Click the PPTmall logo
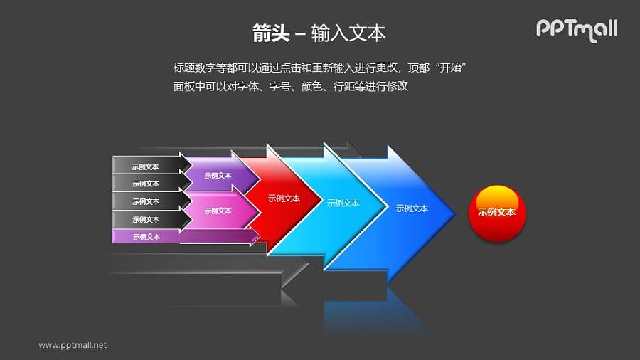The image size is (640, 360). pos(576,29)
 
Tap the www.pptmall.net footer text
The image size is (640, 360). pos(73,345)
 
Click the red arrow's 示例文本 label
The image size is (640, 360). pos(284,198)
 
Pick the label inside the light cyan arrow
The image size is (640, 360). pos(343,203)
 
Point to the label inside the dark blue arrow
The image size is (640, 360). pos(412,208)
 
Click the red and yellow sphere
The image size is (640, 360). pos(497,212)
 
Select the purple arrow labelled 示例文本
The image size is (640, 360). pos(218,176)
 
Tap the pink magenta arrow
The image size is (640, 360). pos(218,211)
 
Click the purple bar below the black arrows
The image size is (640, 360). pos(146,237)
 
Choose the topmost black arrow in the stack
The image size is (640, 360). pos(146,167)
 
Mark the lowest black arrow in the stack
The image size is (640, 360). pos(146,219)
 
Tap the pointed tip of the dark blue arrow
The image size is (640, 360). pos(454,211)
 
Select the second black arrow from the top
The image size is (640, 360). pos(146,184)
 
